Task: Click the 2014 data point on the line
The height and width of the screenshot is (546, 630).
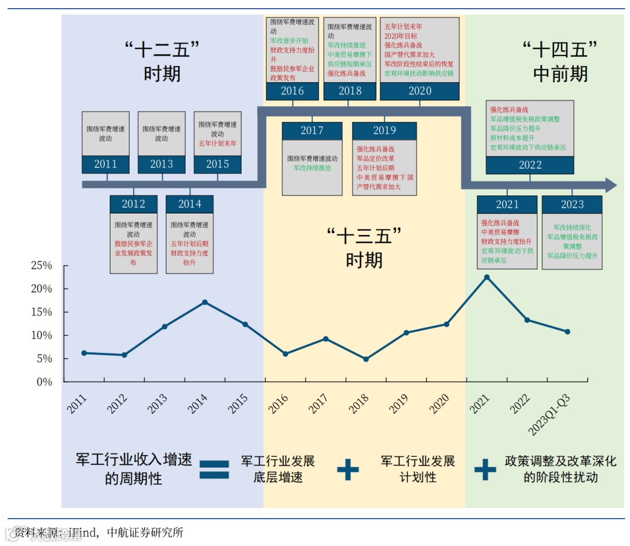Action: (205, 302)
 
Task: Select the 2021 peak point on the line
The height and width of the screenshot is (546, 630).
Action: (487, 277)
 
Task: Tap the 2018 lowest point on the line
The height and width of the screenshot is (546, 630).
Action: (366, 359)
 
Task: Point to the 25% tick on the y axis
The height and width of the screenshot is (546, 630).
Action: (41, 266)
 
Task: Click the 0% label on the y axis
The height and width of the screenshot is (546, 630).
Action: (45, 382)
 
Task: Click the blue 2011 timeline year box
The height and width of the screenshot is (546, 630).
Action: (106, 164)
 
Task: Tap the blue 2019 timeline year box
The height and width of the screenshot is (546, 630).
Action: (384, 131)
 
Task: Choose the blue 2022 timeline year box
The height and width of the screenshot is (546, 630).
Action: (530, 165)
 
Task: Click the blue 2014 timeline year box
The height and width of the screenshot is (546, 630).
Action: (190, 204)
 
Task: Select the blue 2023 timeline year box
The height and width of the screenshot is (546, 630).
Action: (572, 205)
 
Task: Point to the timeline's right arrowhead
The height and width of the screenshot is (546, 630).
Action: (610, 185)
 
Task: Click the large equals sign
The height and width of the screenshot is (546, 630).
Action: (215, 470)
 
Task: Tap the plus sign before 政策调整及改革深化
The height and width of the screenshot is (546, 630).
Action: (485, 469)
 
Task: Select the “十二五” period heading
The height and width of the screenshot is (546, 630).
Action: (162, 61)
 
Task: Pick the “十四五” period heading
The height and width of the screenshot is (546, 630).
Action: (560, 61)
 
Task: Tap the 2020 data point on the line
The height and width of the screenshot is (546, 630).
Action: (447, 324)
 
